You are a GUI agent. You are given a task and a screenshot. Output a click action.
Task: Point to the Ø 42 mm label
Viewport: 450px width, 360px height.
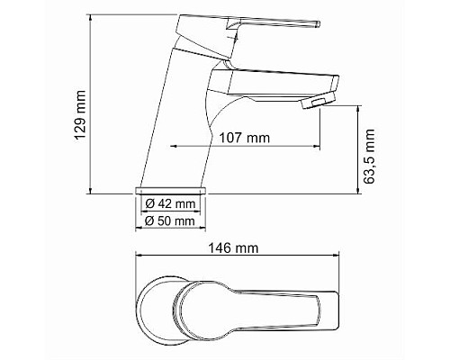click(x=171, y=204)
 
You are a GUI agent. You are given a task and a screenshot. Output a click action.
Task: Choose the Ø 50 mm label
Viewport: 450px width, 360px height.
click(x=171, y=220)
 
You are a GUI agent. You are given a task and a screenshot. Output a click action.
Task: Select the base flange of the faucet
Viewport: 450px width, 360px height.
click(x=171, y=192)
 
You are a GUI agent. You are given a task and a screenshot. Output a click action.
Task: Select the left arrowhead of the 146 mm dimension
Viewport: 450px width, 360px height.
click(x=137, y=256)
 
